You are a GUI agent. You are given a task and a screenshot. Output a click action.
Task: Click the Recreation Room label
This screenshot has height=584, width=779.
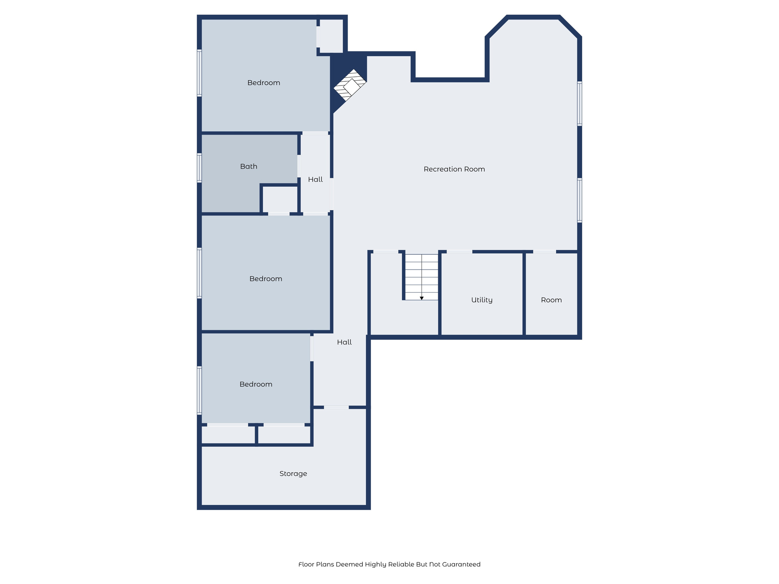(454, 169)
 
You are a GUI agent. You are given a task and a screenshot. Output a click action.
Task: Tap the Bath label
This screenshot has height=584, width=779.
(249, 167)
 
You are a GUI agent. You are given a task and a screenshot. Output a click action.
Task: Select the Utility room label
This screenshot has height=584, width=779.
(482, 300)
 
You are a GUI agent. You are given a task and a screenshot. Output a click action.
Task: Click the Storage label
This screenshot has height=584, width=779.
(293, 474)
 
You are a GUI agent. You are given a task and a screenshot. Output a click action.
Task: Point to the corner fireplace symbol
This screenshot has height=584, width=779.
(350, 86)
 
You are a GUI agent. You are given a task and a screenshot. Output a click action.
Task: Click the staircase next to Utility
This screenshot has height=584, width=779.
(421, 277)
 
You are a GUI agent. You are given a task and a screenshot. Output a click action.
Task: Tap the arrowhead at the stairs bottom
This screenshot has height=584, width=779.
(421, 298)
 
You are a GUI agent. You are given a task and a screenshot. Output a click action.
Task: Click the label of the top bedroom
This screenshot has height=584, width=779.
(264, 83)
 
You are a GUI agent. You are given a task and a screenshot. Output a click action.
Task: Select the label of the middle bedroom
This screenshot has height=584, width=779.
(265, 279)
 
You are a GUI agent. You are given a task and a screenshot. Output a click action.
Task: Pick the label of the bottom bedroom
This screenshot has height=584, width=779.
(256, 384)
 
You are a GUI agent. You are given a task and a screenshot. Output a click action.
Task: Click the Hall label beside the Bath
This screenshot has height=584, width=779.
(315, 179)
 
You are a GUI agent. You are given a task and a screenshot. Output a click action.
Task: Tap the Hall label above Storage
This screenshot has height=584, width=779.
(344, 342)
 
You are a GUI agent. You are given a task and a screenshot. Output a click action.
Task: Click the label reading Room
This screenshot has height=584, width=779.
(551, 300)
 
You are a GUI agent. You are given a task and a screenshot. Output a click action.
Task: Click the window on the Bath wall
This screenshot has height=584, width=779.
(199, 167)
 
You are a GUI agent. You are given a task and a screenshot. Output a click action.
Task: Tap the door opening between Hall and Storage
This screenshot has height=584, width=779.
(336, 407)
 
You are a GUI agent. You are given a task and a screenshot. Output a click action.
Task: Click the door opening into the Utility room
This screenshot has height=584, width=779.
(459, 252)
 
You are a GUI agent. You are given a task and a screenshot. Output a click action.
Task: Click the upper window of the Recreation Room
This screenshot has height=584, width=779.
(579, 103)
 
